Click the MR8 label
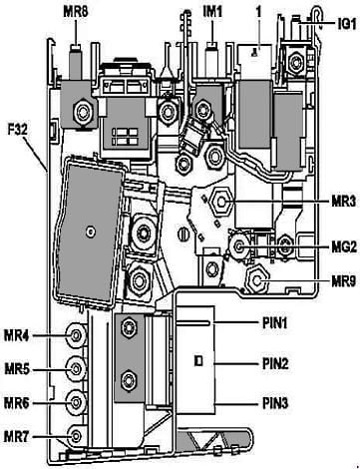[x=76, y=13]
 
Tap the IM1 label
[x=212, y=12]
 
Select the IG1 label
[x=347, y=24]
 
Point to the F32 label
[x=18, y=129]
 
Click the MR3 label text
[x=343, y=202]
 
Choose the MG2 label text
[x=344, y=246]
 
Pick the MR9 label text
[x=343, y=281]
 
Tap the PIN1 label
[x=275, y=322]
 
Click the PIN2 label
[x=275, y=363]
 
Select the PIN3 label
[x=275, y=403]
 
